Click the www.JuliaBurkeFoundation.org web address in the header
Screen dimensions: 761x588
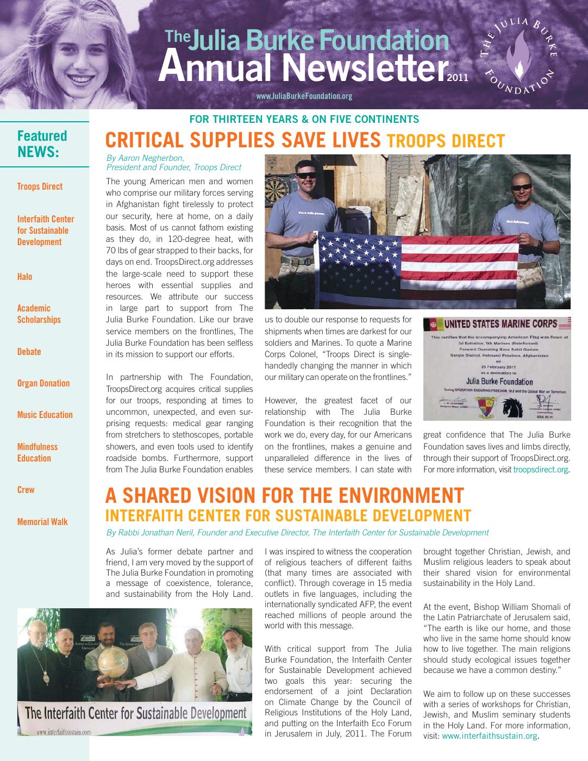tap(304, 96)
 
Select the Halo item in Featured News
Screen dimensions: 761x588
tap(25, 277)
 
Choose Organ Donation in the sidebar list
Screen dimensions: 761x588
tap(43, 383)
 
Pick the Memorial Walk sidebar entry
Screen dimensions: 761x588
tap(42, 522)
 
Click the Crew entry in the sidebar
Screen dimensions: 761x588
tap(26, 490)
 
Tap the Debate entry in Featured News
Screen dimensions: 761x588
tap(29, 352)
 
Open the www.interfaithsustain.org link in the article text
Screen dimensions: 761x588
tap(490, 736)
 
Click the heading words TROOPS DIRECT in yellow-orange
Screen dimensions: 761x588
tap(446, 141)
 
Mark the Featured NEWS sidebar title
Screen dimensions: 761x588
tap(42, 144)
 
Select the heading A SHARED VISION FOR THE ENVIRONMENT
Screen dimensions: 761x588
tap(284, 496)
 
